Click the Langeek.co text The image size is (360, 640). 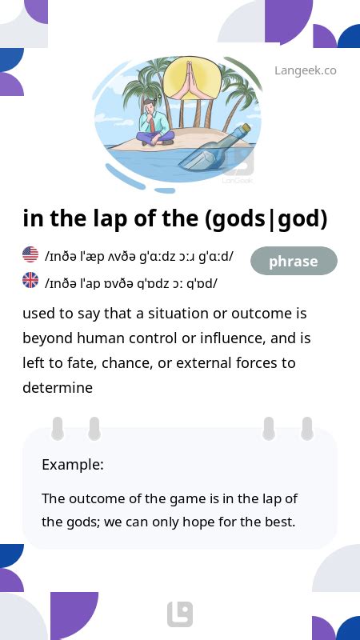(306, 70)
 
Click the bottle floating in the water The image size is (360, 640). (215, 147)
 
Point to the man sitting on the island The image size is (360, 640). (154, 122)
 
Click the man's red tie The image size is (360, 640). (152, 124)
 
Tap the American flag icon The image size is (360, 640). (30, 254)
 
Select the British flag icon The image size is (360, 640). (30, 281)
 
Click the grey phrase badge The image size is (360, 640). (294, 261)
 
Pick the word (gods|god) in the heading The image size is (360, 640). (266, 219)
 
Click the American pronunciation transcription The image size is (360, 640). (139, 257)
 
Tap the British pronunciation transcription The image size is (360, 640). (131, 283)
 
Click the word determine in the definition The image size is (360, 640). (58, 387)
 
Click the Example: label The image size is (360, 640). (73, 465)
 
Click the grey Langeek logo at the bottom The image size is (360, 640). (180, 614)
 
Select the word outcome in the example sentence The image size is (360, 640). (95, 498)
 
